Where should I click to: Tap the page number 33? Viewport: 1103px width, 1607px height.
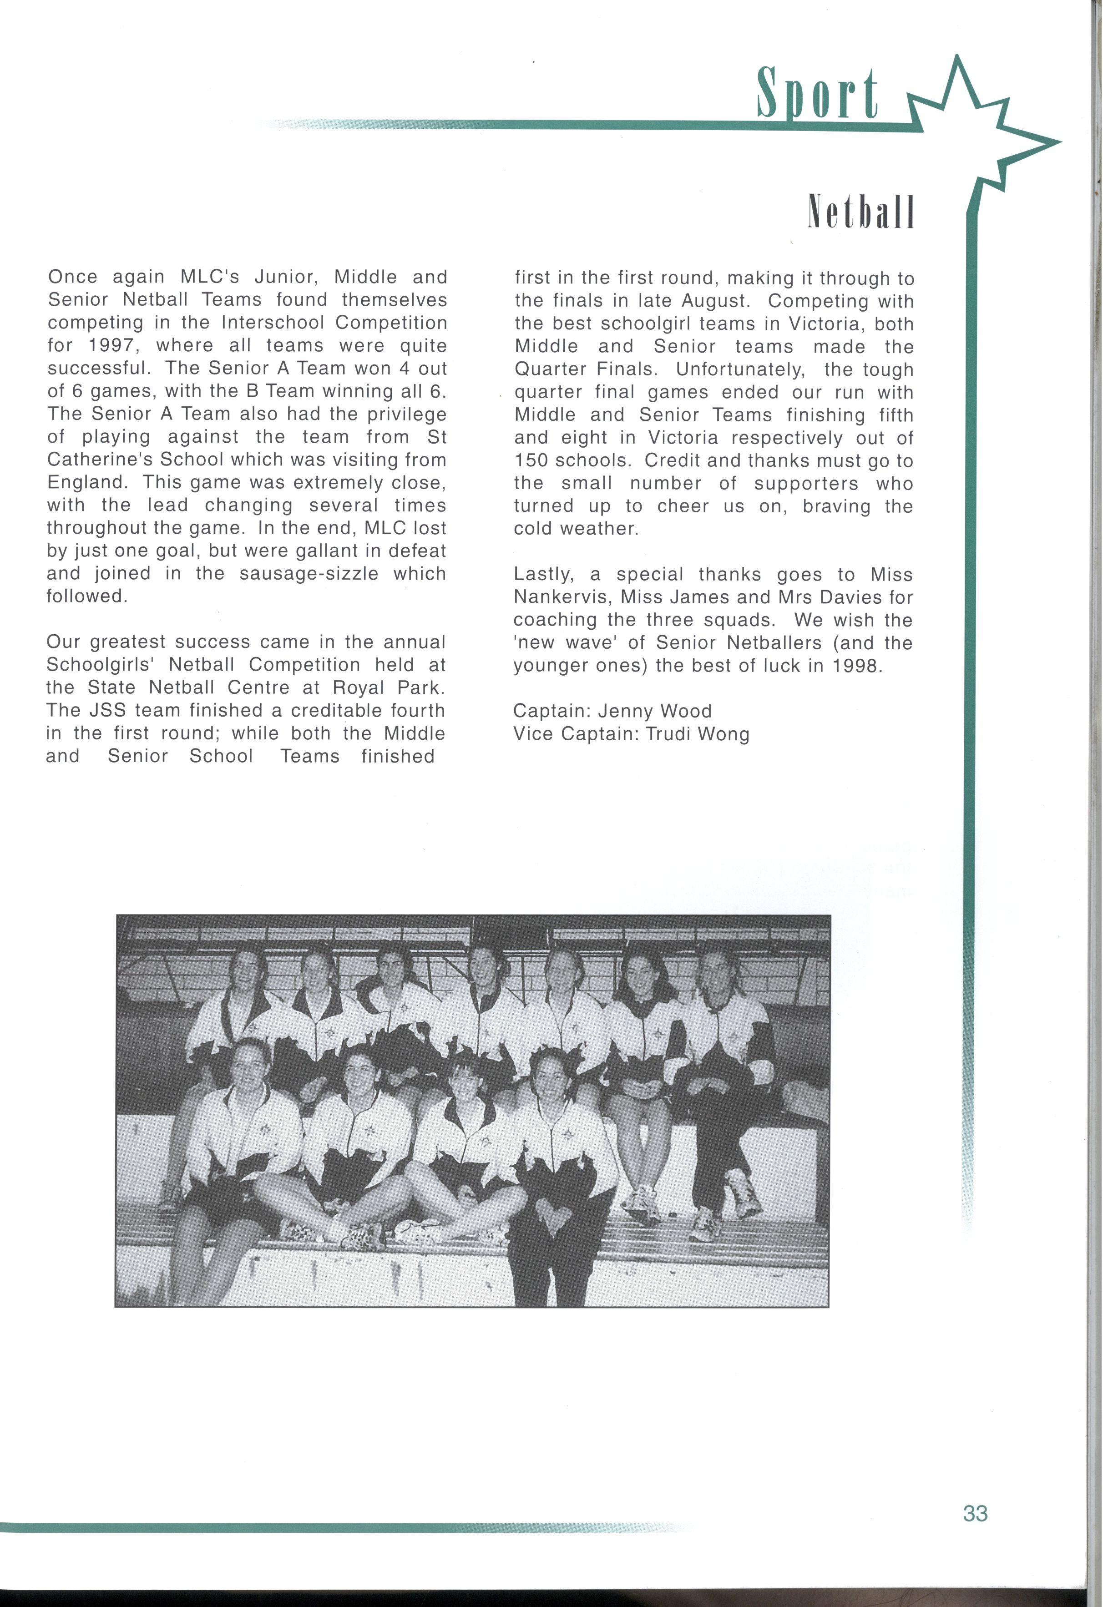[x=975, y=1514]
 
